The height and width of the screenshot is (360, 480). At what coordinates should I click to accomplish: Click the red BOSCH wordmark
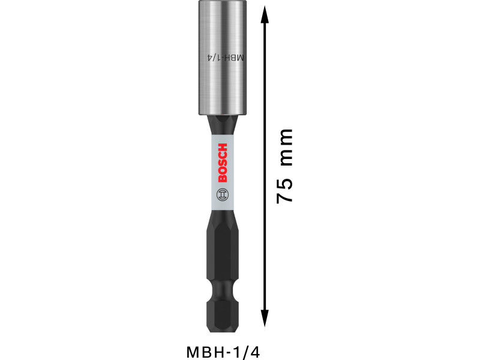pos(223,163)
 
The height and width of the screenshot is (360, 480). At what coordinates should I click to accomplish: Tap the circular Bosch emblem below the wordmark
pos(223,194)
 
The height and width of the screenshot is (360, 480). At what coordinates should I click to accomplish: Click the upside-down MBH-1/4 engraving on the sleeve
pos(226,58)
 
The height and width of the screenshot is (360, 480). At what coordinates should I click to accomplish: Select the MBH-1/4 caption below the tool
pos(223,352)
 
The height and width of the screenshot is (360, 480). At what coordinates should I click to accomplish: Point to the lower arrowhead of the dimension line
pos(265,319)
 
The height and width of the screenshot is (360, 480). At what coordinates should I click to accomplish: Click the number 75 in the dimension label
pos(284,190)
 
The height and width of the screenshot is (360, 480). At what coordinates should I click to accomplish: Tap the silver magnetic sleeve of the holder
pos(223,58)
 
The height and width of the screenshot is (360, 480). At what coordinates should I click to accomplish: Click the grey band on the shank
pos(223,172)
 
